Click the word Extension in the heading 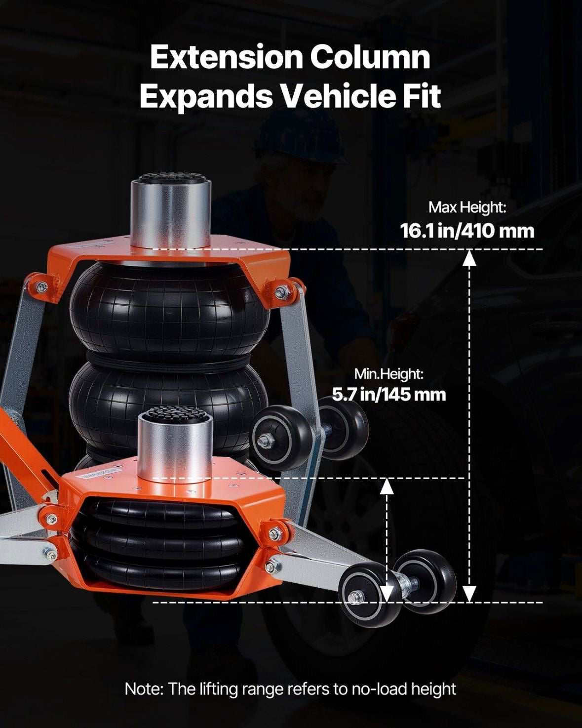coord(227,57)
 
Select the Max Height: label coord(467,207)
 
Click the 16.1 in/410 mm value coord(467,231)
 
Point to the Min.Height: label coord(388,374)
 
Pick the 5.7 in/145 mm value coord(388,395)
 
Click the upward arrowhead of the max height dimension coord(469,258)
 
